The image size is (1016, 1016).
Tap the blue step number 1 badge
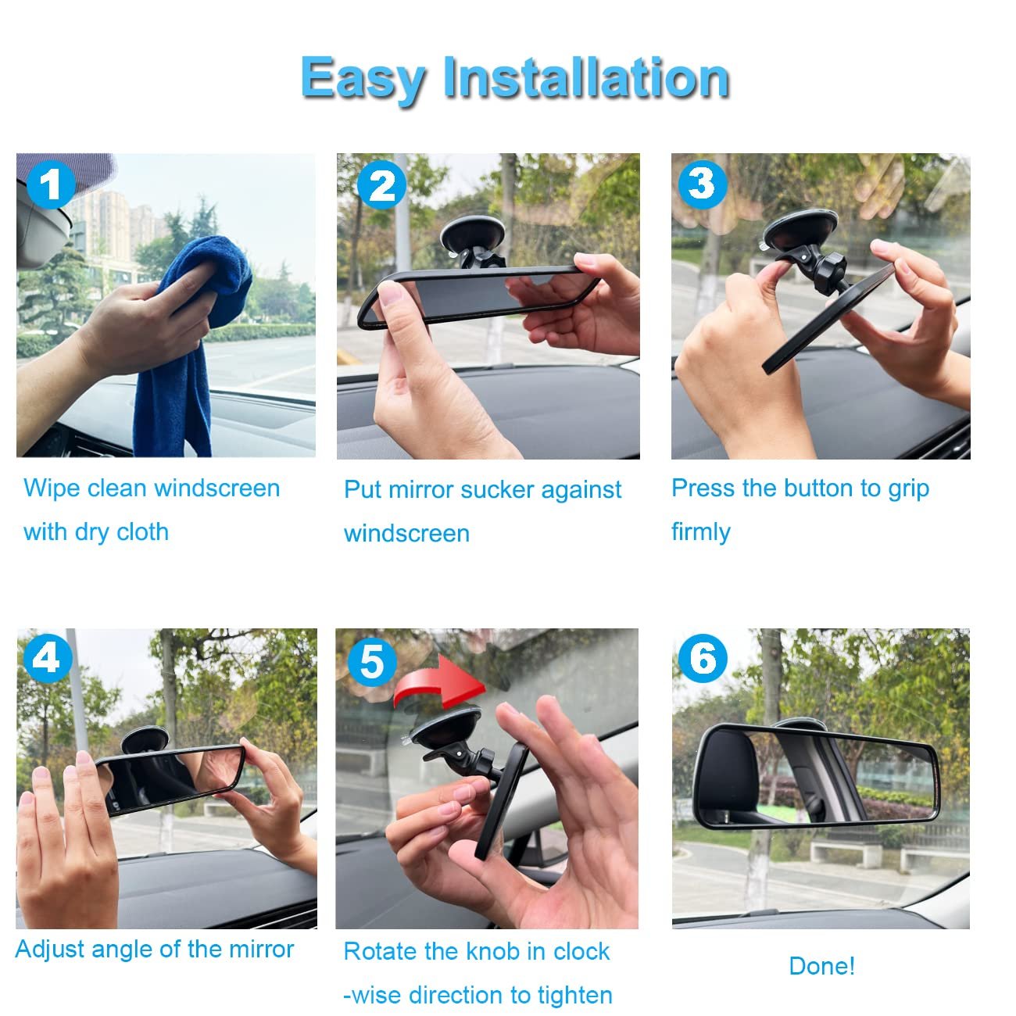tap(51, 185)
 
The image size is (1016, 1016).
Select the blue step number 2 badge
tap(381, 185)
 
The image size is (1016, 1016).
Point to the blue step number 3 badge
tap(703, 184)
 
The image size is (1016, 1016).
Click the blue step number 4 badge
tap(46, 658)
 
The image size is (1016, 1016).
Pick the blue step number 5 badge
tap(372, 662)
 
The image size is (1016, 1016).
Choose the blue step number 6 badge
tap(703, 658)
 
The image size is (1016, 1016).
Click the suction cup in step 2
tap(472, 234)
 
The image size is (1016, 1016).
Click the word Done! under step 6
tap(821, 966)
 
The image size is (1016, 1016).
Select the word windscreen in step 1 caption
tap(217, 488)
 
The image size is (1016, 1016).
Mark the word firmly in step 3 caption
tap(701, 532)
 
